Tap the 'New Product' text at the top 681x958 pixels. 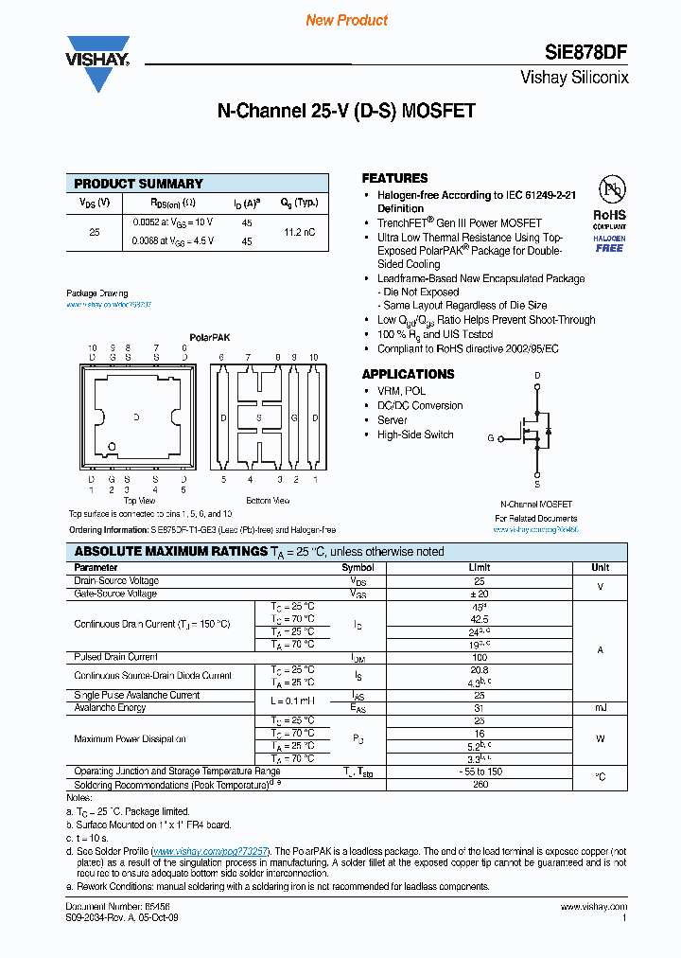coord(347,20)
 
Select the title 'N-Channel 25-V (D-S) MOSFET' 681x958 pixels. coord(346,111)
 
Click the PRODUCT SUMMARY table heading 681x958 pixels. coord(138,184)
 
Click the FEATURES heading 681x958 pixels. coord(394,178)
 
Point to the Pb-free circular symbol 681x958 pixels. coord(609,186)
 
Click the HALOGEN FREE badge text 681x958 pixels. coord(609,243)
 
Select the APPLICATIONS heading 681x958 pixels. coord(408,374)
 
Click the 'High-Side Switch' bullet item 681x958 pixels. coord(415,435)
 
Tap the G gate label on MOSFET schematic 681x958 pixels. coord(491,438)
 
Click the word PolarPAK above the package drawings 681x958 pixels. coord(209,337)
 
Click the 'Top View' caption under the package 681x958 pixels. coord(139,500)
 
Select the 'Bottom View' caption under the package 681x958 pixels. coord(268,500)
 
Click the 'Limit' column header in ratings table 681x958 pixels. coord(480,568)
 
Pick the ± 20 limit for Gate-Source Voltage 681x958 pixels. coord(480,594)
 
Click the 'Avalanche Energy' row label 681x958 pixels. coord(111,708)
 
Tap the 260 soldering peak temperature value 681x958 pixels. coord(480,784)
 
